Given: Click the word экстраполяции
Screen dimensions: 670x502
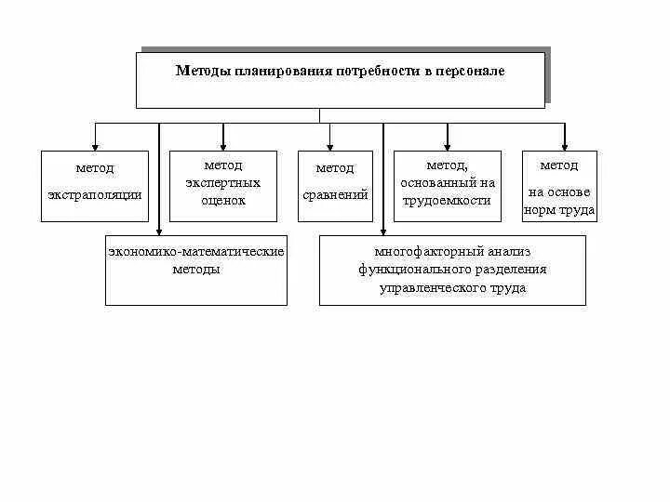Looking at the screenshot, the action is [x=95, y=194].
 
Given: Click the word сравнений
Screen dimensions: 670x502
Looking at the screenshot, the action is [x=335, y=195].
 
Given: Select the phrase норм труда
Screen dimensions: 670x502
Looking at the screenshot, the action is [x=559, y=211].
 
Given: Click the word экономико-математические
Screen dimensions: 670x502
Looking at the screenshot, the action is [x=195, y=252].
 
